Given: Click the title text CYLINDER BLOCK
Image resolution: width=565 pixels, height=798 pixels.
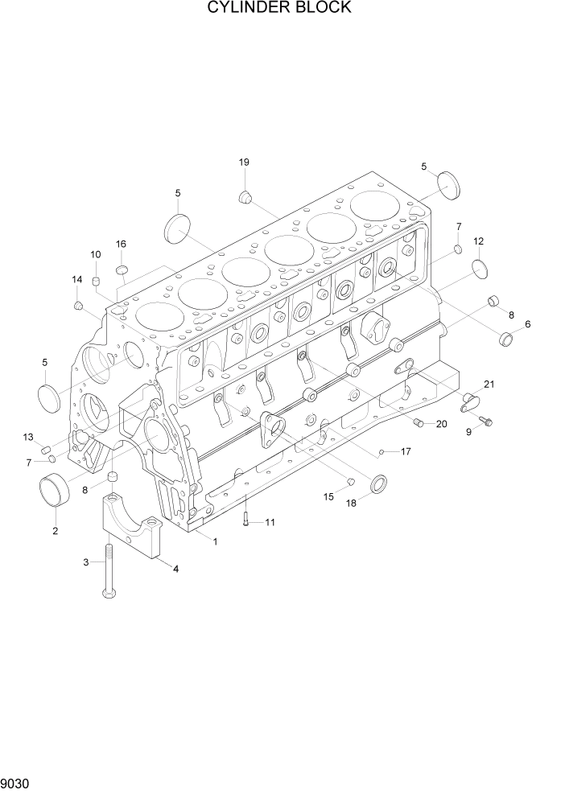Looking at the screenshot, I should click(279, 8).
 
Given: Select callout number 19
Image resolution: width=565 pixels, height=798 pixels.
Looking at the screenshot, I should click(244, 162).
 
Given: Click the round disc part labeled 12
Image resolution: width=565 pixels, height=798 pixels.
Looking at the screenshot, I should click(478, 269).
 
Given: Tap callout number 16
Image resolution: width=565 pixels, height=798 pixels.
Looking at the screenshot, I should click(121, 244).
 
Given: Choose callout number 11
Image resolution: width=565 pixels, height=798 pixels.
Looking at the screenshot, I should click(270, 522).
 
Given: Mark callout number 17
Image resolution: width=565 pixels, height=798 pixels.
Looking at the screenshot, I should click(406, 451).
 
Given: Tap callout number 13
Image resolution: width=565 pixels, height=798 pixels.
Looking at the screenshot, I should click(28, 437).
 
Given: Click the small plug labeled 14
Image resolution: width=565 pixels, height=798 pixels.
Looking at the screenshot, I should click(79, 306).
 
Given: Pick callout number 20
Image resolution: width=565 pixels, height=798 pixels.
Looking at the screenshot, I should click(440, 424).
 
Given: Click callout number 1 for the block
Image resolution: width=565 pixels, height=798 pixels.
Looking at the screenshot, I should click(215, 541).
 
